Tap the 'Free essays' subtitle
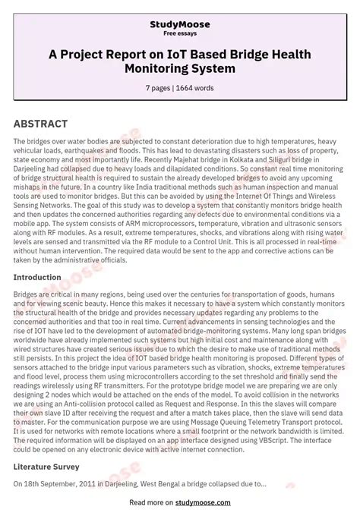tap(180, 34)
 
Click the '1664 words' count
tap(198, 88)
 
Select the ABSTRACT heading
tap(40, 124)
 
